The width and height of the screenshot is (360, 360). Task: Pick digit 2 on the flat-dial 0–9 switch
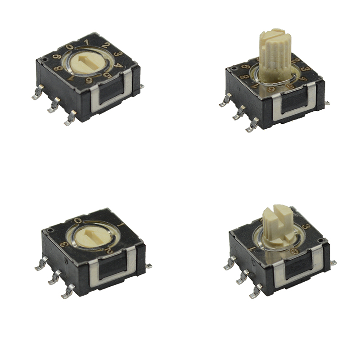104,45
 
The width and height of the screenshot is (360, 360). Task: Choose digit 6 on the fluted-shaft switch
272,90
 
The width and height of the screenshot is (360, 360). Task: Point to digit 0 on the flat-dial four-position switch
78,220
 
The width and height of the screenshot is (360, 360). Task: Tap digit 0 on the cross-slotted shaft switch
293,252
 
